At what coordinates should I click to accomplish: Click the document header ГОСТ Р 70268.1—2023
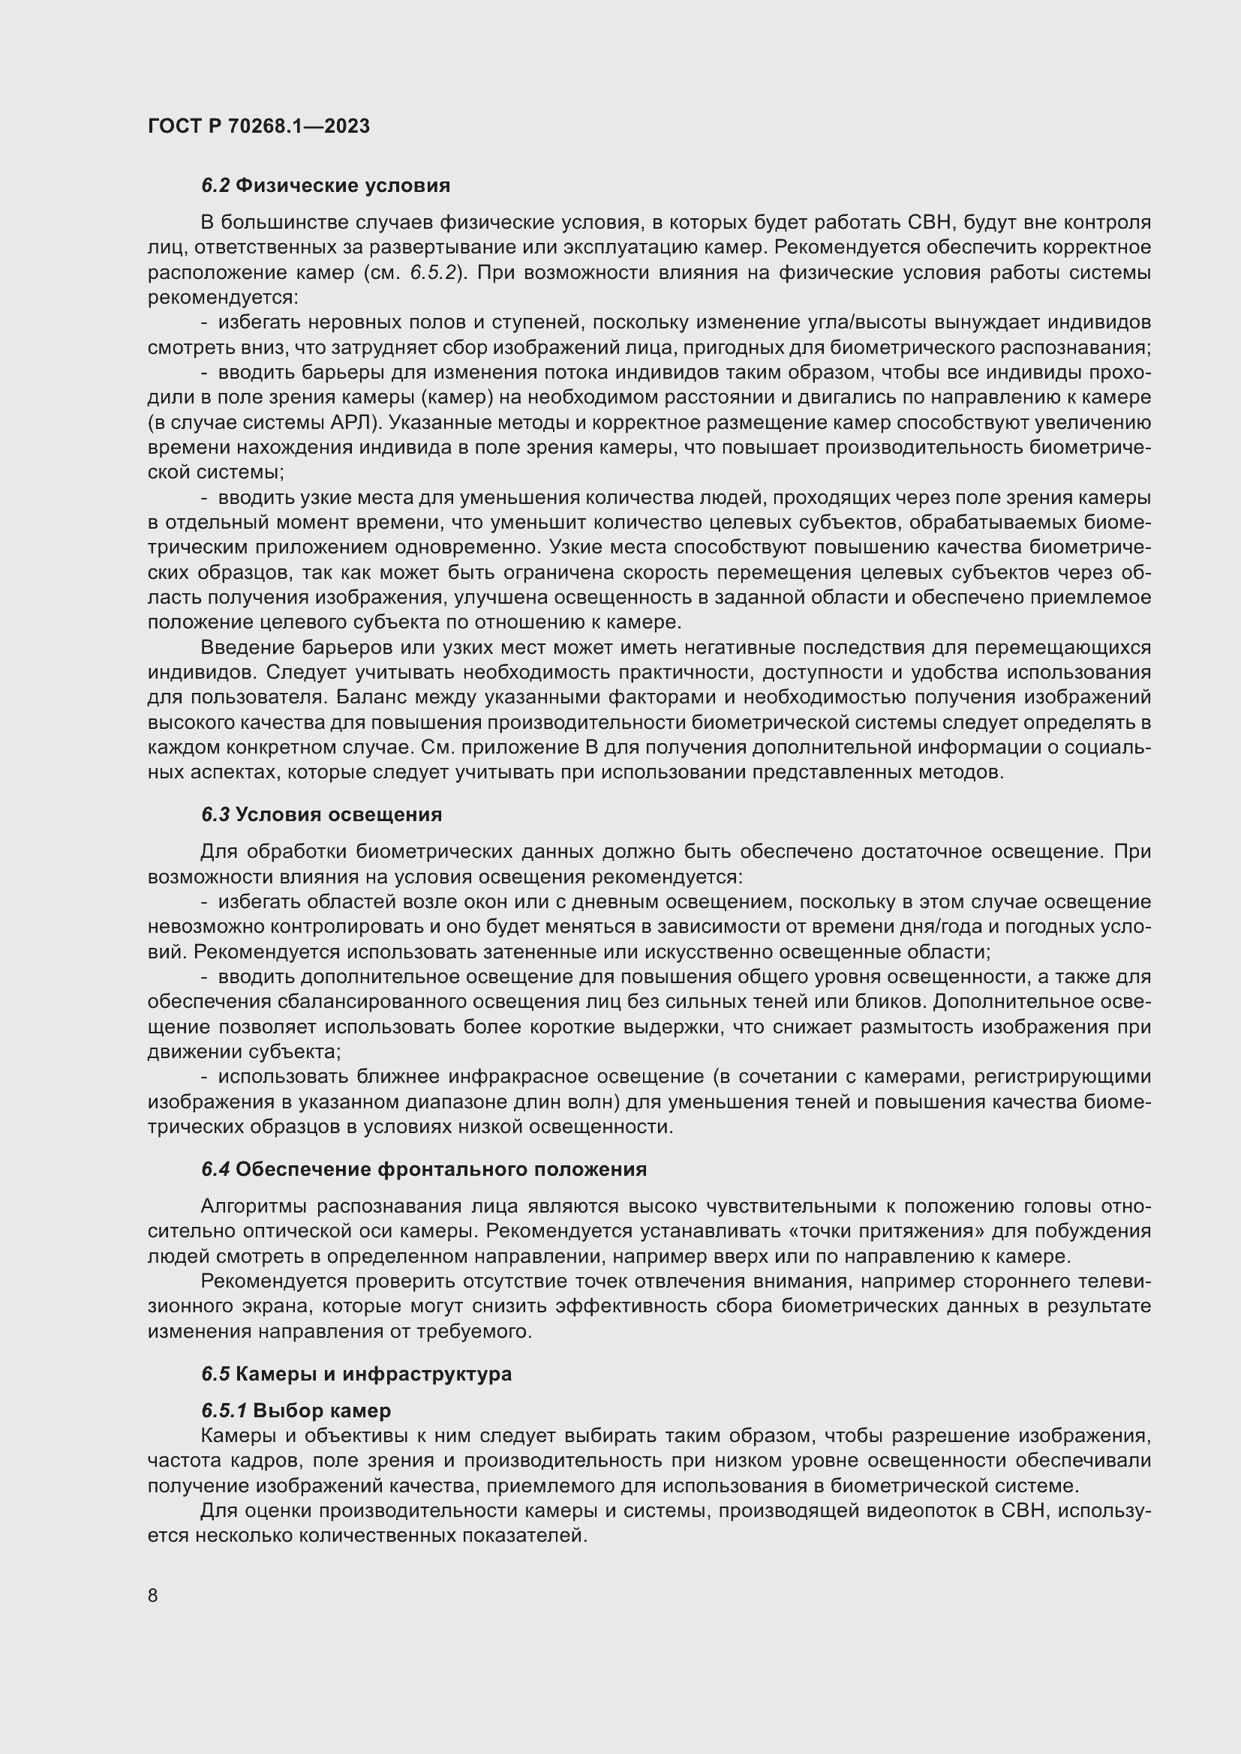point(258,126)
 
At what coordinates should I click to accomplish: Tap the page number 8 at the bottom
point(153,1595)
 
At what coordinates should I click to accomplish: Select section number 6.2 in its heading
point(215,186)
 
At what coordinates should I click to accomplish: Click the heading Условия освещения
point(338,814)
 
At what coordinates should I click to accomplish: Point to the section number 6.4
point(215,1169)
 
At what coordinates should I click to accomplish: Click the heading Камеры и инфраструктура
point(373,1374)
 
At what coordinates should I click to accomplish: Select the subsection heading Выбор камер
point(322,1411)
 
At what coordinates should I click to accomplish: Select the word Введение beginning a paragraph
point(246,648)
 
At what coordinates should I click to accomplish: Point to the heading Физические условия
point(342,186)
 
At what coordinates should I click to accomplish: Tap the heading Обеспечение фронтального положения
point(441,1169)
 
